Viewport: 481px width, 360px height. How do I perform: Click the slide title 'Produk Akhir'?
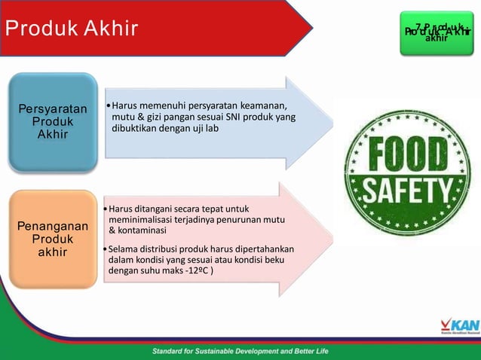coord(72,29)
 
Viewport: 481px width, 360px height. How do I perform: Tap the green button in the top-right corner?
coord(437,32)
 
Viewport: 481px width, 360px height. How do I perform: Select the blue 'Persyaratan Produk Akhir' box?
coord(53,123)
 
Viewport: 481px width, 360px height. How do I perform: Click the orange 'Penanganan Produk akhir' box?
coord(53,239)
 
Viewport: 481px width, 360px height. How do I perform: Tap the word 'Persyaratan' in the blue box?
coord(53,110)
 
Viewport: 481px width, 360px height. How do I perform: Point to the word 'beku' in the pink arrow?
coord(282,259)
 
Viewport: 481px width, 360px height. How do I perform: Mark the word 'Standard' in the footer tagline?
coord(173,351)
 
